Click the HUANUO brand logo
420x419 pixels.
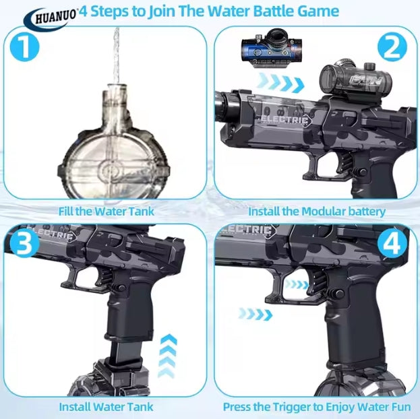tap(51, 18)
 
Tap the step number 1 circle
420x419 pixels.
tap(25, 47)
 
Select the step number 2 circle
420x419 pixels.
tap(392, 47)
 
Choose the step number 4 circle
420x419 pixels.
tap(392, 243)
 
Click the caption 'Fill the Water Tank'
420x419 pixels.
tap(107, 212)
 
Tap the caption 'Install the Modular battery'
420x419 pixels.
tap(317, 212)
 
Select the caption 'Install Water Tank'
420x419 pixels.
tap(106, 407)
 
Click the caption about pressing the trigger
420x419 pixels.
tap(317, 407)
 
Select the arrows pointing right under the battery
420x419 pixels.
tap(280, 82)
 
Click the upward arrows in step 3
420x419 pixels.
tap(168, 356)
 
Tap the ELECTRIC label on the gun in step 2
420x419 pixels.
tap(283, 120)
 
